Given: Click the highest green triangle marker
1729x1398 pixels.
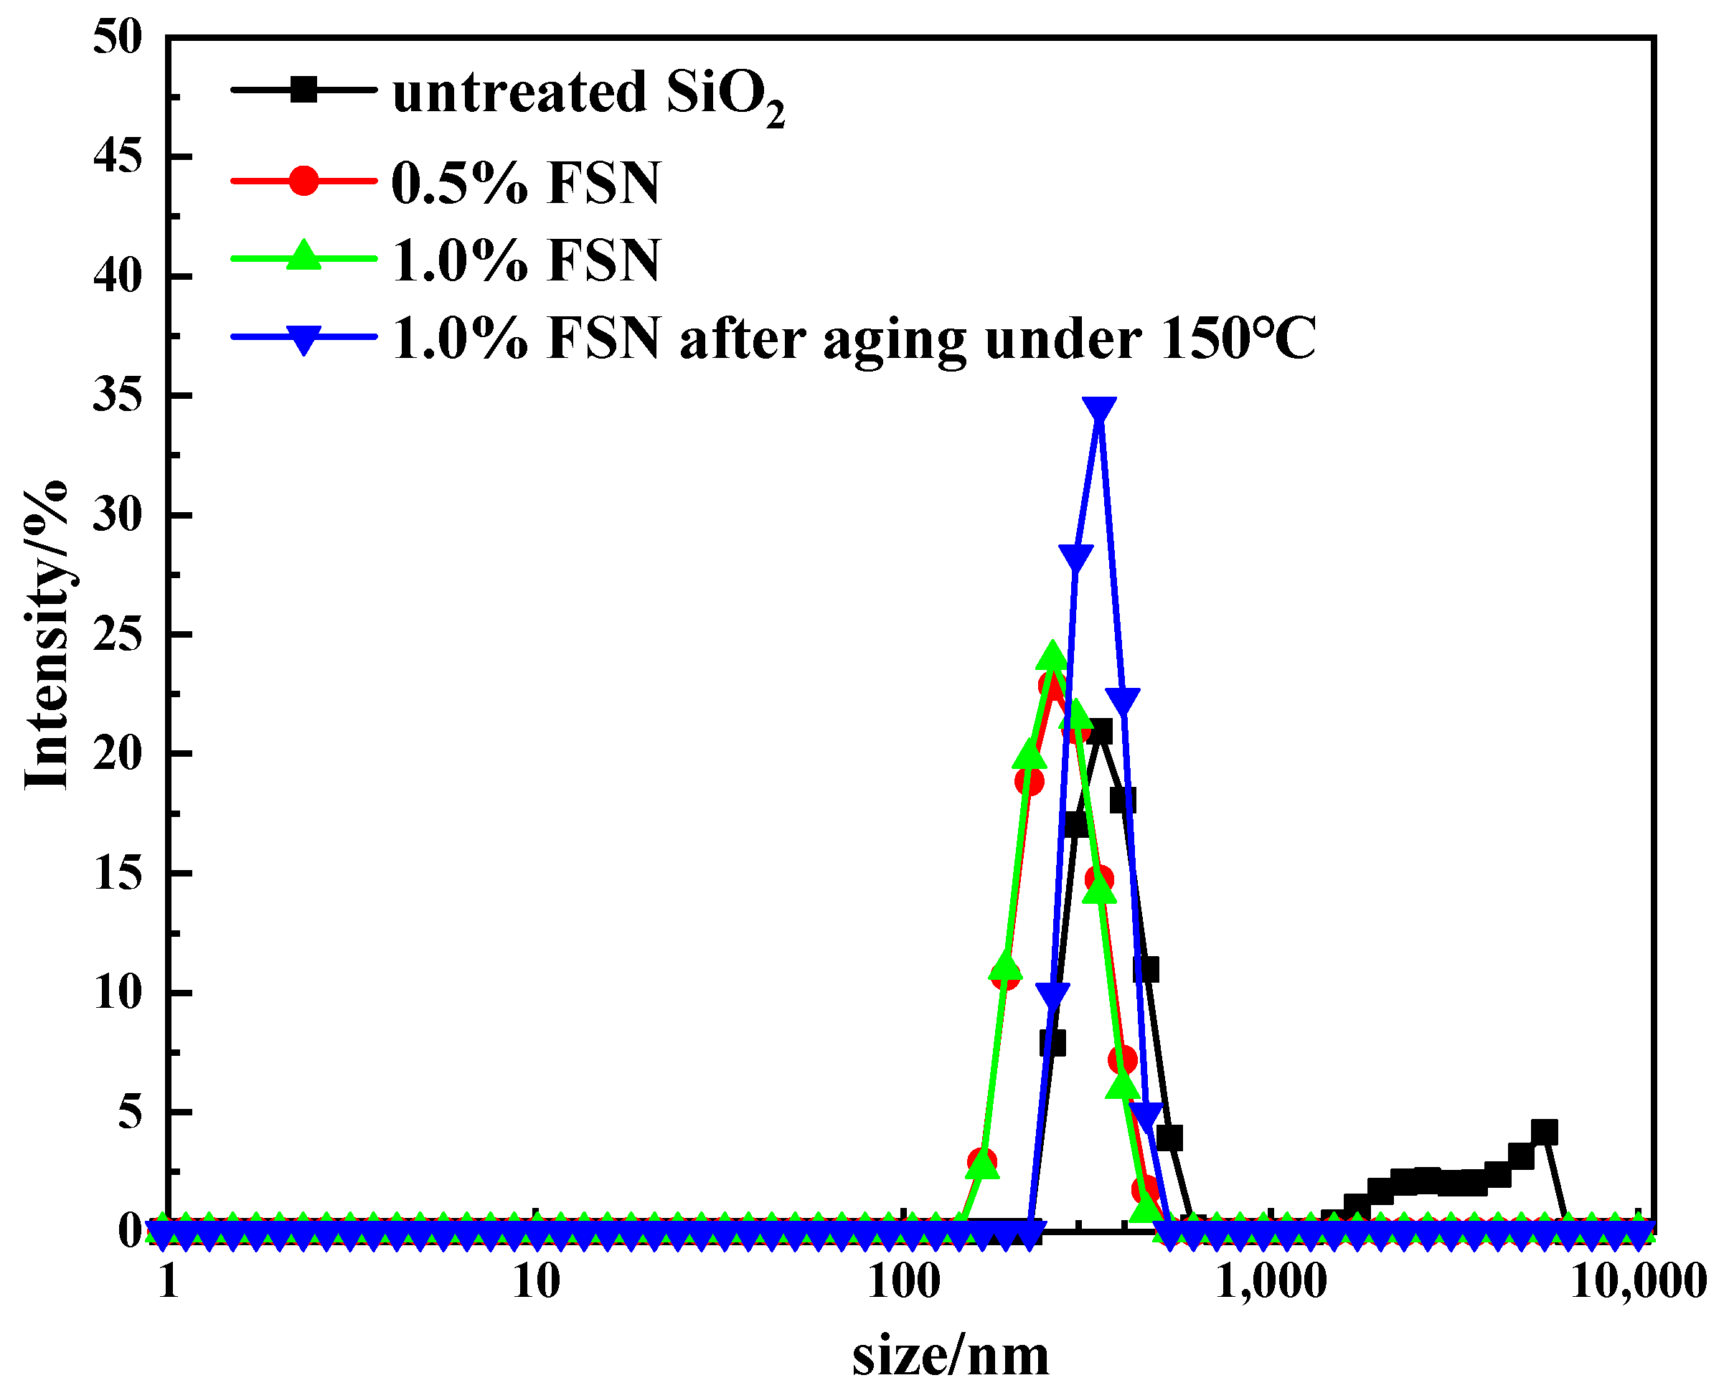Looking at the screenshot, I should pyautogui.click(x=1052, y=657).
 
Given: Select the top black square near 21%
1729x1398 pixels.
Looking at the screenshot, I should pyautogui.click(x=1099, y=731).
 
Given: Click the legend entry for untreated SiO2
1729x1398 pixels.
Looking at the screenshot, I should pyautogui.click(x=588, y=93).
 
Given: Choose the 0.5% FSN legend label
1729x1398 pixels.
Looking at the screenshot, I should pyautogui.click(x=525, y=183).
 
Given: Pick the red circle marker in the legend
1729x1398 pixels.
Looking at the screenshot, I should pyautogui.click(x=303, y=179).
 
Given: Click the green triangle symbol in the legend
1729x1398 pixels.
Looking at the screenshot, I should pyautogui.click(x=303, y=256).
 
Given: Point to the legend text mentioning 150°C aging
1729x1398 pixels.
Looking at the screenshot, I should pyautogui.click(x=854, y=339).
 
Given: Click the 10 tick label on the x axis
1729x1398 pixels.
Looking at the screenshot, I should pyautogui.click(x=535, y=1281).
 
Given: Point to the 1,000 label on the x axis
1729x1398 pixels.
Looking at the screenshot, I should pyautogui.click(x=1271, y=1281).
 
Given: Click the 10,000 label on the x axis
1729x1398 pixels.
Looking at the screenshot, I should pyautogui.click(x=1638, y=1281).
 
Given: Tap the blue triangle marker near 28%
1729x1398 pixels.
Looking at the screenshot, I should pyautogui.click(x=1076, y=557).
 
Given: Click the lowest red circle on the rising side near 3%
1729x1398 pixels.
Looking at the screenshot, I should pyautogui.click(x=981, y=1161).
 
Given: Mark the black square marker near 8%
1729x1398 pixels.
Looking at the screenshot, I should pyautogui.click(x=1052, y=1044).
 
